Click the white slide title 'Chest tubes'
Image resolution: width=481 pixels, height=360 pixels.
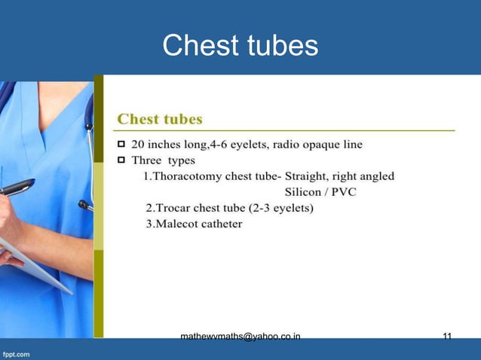[240, 47]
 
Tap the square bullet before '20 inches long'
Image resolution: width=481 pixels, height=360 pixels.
[121, 144]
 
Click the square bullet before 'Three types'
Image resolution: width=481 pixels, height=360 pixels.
[121, 160]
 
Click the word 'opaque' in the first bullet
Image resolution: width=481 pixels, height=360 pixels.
[316, 144]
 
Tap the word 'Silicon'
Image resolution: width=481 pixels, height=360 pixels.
[305, 192]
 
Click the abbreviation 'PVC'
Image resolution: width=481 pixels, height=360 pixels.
[344, 192]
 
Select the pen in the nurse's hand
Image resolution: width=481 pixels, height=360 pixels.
[17, 187]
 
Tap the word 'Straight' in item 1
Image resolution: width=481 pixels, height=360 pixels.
[305, 176]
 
